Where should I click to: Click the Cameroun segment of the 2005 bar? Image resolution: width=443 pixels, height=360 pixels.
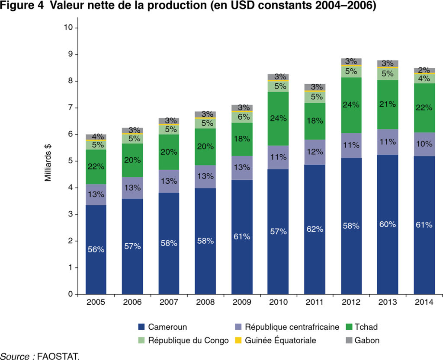pyautogui.click(x=96, y=250)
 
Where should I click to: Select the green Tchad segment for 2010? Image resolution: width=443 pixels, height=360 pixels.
pyautogui.click(x=278, y=118)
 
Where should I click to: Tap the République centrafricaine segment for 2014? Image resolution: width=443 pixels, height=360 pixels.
pyautogui.click(x=424, y=144)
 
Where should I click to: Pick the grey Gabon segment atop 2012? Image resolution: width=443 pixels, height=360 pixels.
pyautogui.click(x=351, y=61)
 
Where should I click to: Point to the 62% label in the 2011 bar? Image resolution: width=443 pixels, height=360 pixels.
pyautogui.click(x=315, y=229)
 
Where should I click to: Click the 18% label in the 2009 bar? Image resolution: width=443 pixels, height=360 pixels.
pyautogui.click(x=242, y=139)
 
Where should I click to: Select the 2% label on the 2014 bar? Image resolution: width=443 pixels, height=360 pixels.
pyautogui.click(x=424, y=70)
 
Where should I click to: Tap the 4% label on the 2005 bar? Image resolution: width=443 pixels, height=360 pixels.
pyautogui.click(x=98, y=137)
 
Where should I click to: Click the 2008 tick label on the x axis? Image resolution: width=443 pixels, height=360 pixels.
pyautogui.click(x=205, y=302)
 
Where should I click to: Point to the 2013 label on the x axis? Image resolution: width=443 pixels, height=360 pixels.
pyautogui.click(x=388, y=302)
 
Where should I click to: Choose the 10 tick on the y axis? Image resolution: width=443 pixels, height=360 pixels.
pyautogui.click(x=68, y=27)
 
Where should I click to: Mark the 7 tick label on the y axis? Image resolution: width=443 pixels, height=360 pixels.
pyautogui.click(x=71, y=108)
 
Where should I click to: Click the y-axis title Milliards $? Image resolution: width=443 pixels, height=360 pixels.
pyautogui.click(x=48, y=163)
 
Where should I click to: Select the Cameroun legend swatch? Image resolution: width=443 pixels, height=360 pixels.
pyautogui.click(x=141, y=327)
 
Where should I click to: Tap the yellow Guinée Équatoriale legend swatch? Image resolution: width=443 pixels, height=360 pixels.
pyautogui.click(x=238, y=340)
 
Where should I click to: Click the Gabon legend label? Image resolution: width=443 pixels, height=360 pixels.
pyautogui.click(x=367, y=340)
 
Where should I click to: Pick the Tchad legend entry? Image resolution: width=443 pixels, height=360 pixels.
pyautogui.click(x=362, y=327)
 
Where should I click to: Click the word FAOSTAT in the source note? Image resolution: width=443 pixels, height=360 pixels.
pyautogui.click(x=58, y=356)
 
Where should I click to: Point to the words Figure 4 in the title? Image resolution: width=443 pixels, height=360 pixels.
pyautogui.click(x=22, y=6)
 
